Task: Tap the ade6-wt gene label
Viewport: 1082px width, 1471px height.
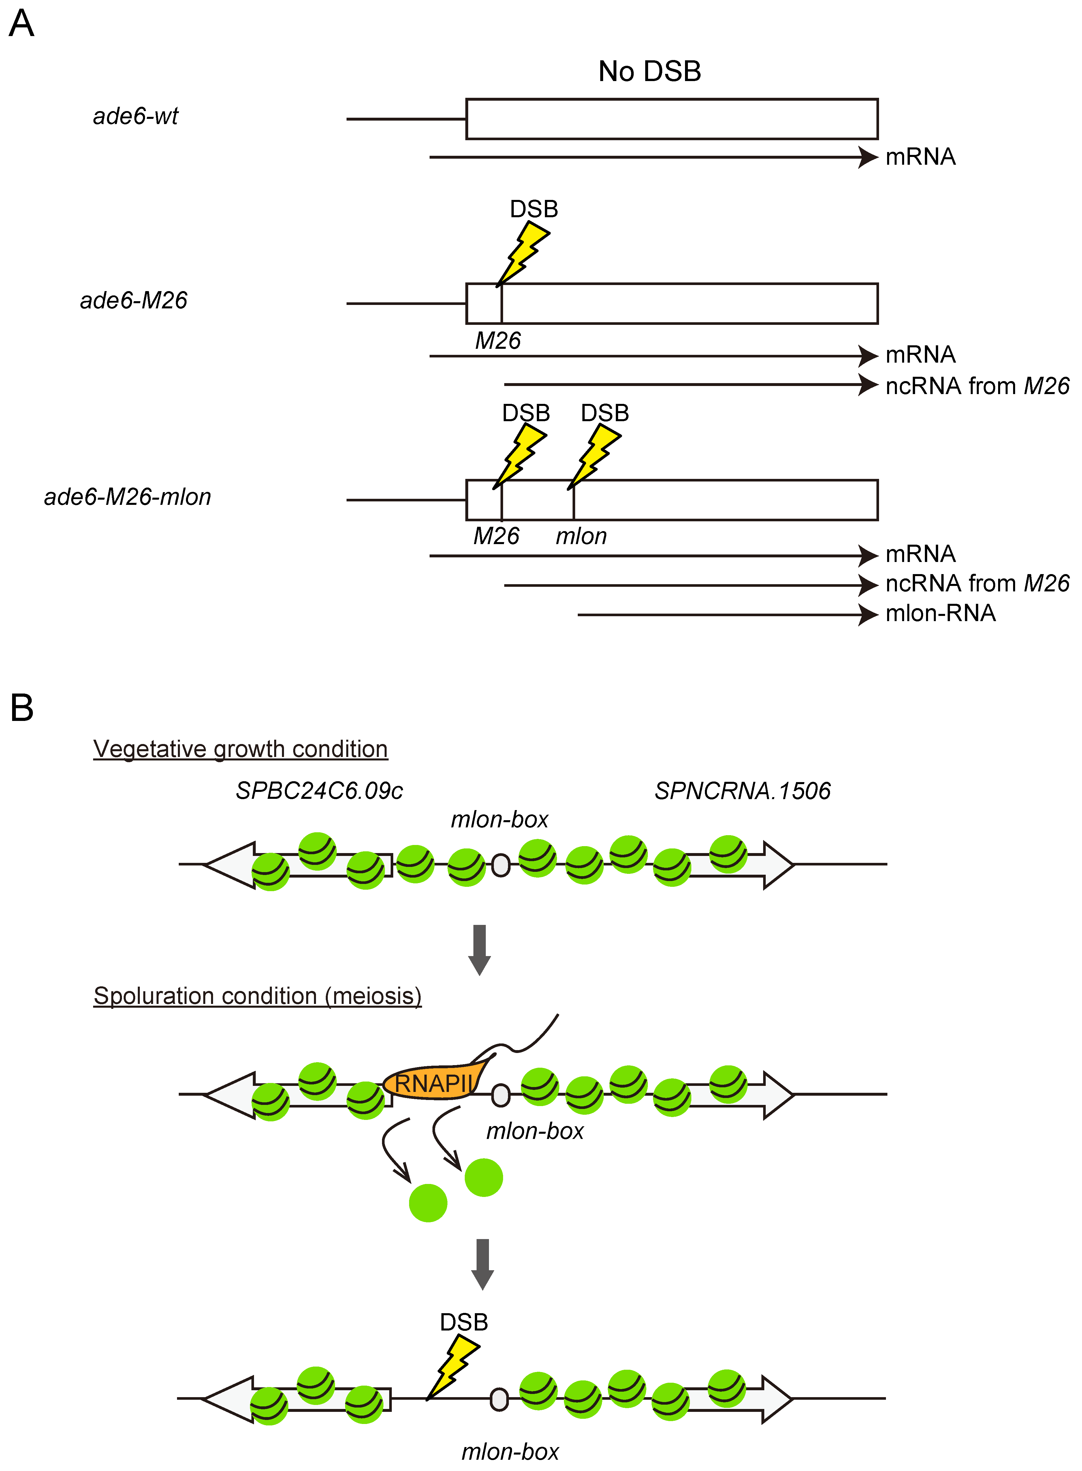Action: [136, 116]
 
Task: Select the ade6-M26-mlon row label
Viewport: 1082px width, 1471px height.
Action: [128, 497]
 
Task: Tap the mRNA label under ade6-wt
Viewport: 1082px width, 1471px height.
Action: [920, 157]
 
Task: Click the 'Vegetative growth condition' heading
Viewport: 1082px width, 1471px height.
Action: [240, 749]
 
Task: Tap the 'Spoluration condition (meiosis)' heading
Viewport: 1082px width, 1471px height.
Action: [257, 996]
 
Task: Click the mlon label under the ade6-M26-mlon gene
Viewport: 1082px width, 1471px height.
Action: [581, 537]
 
